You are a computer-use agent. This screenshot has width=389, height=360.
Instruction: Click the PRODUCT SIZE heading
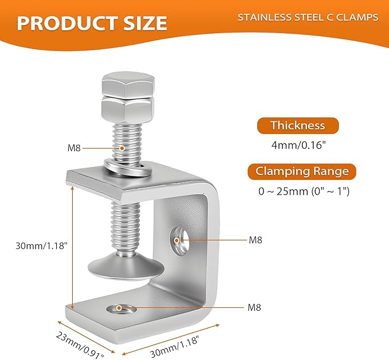point(92,23)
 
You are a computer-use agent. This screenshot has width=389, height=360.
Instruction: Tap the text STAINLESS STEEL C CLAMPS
point(308,17)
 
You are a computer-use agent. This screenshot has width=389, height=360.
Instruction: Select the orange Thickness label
point(297,126)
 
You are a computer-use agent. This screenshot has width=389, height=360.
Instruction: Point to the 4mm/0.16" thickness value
point(297,145)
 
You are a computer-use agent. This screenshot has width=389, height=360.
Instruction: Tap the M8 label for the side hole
point(256,240)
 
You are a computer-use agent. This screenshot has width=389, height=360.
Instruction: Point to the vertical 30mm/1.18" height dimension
point(42,246)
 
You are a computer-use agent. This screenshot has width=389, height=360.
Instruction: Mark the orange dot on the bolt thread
point(122,148)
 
